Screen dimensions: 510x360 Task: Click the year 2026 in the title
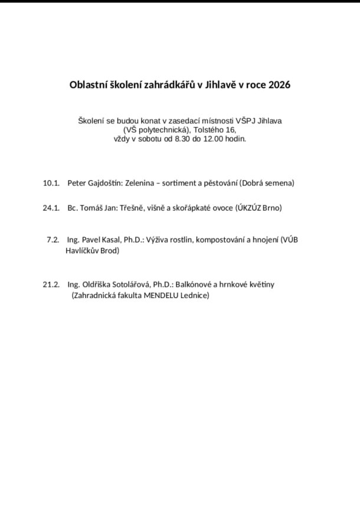279,84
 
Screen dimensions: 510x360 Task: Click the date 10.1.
51,183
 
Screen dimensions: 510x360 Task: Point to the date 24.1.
51,208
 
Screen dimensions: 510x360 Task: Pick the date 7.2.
53,240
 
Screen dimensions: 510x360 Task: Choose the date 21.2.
51,285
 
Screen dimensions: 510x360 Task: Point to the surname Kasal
109,240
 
